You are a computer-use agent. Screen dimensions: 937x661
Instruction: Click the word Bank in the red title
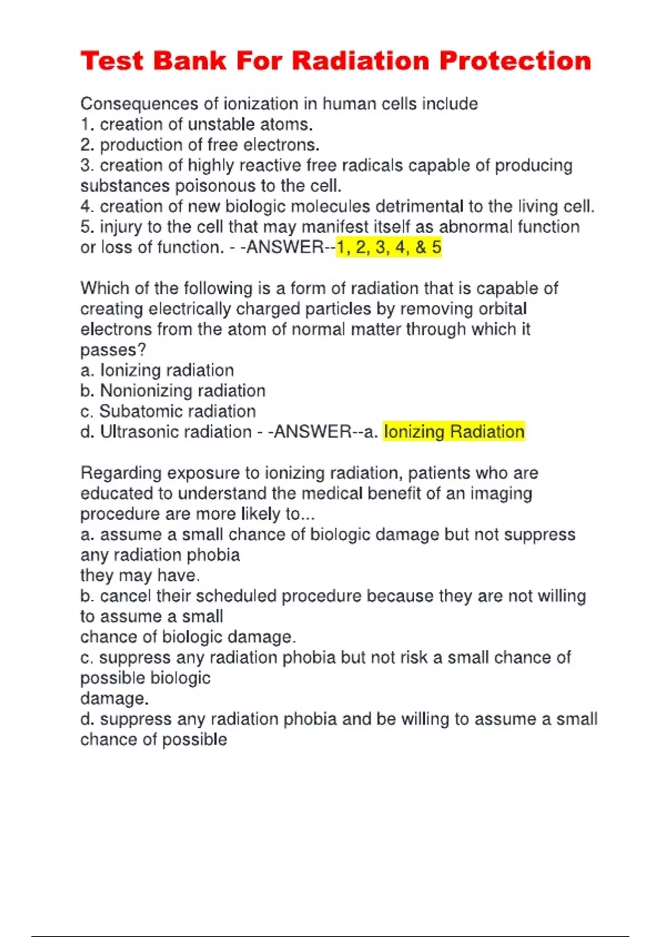(189, 61)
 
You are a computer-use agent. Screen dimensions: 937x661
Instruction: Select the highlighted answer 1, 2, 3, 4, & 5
(389, 247)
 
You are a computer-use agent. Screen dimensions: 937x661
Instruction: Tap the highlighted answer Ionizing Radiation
(454, 432)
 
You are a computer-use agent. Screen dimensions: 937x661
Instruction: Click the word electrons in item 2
(281, 145)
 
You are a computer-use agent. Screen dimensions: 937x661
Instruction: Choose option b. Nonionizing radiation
(173, 391)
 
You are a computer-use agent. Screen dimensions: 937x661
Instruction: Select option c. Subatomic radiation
(168, 411)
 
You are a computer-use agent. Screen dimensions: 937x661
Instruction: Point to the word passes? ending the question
(113, 350)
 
